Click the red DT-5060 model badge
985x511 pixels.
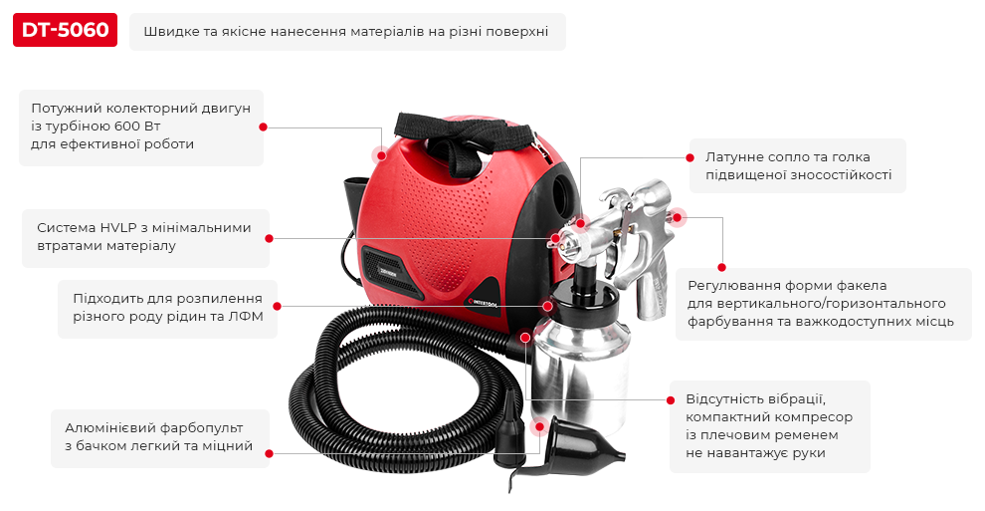(x=65, y=31)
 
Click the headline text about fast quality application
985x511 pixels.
(x=346, y=32)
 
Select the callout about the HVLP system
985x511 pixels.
(x=144, y=236)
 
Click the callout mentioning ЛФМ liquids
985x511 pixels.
(x=166, y=308)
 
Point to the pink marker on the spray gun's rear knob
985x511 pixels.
(x=678, y=216)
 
